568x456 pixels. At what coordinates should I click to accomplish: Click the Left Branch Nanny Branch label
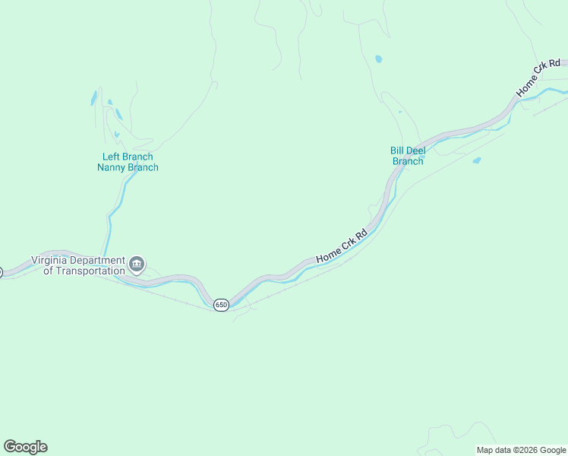128,162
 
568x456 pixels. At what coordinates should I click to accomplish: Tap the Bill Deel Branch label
407,156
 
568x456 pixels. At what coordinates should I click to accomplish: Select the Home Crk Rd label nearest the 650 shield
342,246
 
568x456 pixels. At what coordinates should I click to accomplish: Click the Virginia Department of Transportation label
77,265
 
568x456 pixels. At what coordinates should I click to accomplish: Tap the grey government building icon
137,264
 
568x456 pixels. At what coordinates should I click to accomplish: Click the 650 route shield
220,305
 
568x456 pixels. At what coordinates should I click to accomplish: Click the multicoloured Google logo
25,447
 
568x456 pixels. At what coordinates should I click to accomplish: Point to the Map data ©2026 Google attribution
521,450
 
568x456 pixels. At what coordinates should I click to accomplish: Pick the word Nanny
112,167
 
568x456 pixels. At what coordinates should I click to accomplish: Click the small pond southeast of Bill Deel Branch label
476,160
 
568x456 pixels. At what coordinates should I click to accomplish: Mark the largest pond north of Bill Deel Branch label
378,59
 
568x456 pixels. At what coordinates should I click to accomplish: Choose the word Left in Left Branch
112,157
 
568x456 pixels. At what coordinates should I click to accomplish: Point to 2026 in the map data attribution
516,450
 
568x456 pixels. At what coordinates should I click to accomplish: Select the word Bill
396,150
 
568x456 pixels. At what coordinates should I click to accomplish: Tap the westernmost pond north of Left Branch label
94,98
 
